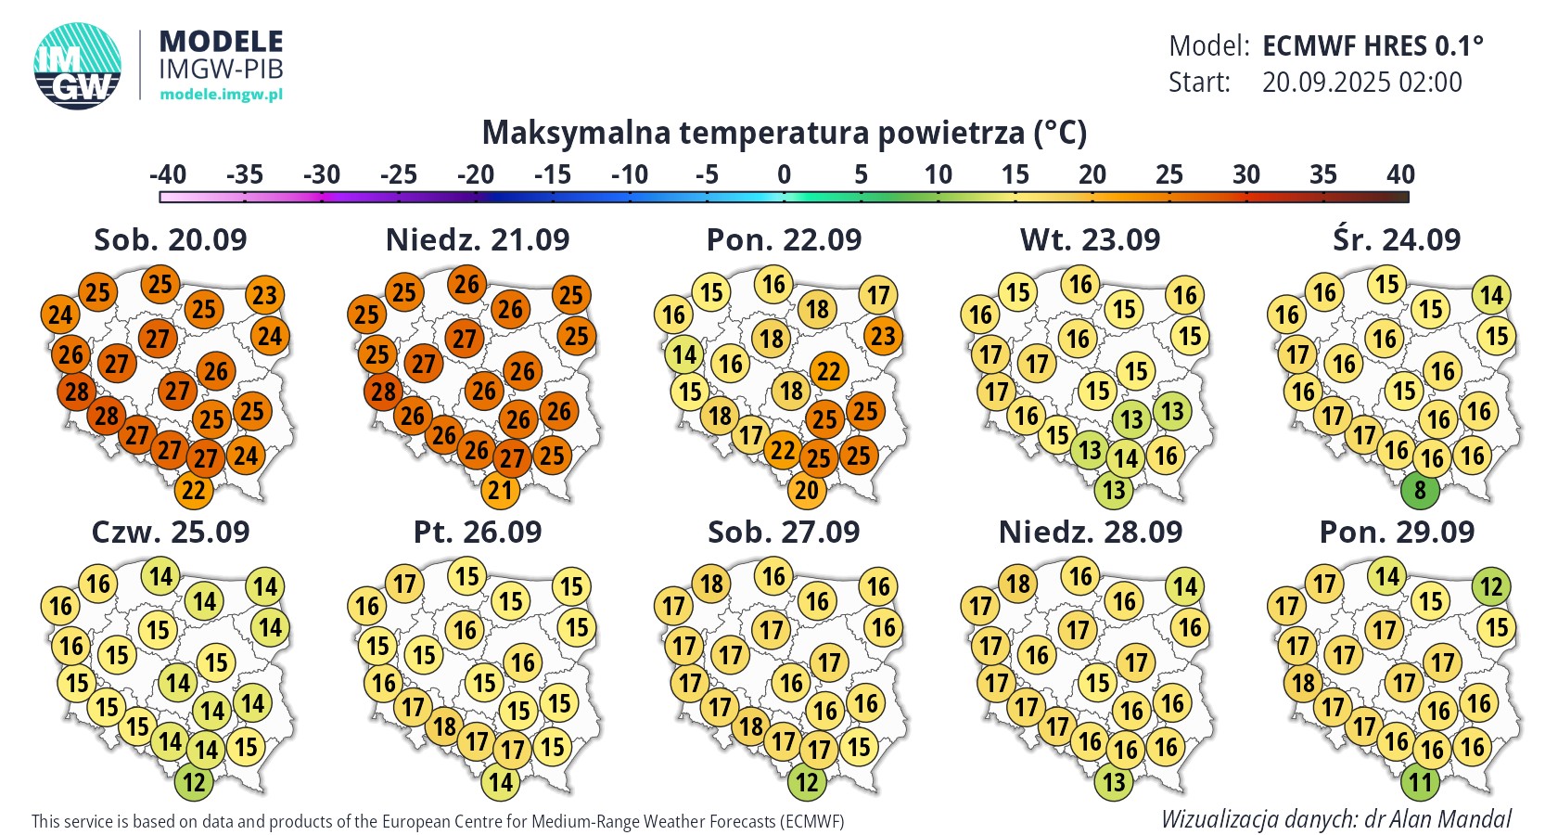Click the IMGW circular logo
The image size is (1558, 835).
click(x=78, y=66)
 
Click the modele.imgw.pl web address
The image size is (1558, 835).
click(x=221, y=95)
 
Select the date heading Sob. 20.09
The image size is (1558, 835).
click(x=171, y=239)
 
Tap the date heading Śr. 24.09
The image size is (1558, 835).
click(x=1397, y=239)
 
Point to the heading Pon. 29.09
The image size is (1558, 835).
click(x=1397, y=532)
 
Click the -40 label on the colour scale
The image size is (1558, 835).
click(x=168, y=174)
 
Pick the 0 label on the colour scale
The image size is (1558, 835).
click(x=784, y=174)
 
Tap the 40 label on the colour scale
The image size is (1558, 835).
click(x=1400, y=174)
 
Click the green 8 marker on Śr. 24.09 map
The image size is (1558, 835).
click(x=1420, y=490)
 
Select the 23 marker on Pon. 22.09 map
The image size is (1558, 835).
click(x=883, y=336)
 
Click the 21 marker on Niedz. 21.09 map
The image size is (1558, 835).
click(x=501, y=490)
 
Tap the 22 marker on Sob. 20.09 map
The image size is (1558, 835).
click(x=194, y=490)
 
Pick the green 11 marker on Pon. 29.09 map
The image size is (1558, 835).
click(x=1420, y=782)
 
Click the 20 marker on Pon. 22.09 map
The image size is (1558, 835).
click(x=807, y=490)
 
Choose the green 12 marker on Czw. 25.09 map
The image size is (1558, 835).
click(x=194, y=782)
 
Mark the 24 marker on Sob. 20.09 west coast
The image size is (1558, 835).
click(x=60, y=315)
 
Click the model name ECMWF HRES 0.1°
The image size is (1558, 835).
click(x=1373, y=45)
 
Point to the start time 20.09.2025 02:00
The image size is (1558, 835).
click(x=1361, y=83)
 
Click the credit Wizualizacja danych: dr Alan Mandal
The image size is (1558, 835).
click(x=1335, y=819)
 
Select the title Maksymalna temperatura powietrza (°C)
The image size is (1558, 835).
click(x=784, y=133)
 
